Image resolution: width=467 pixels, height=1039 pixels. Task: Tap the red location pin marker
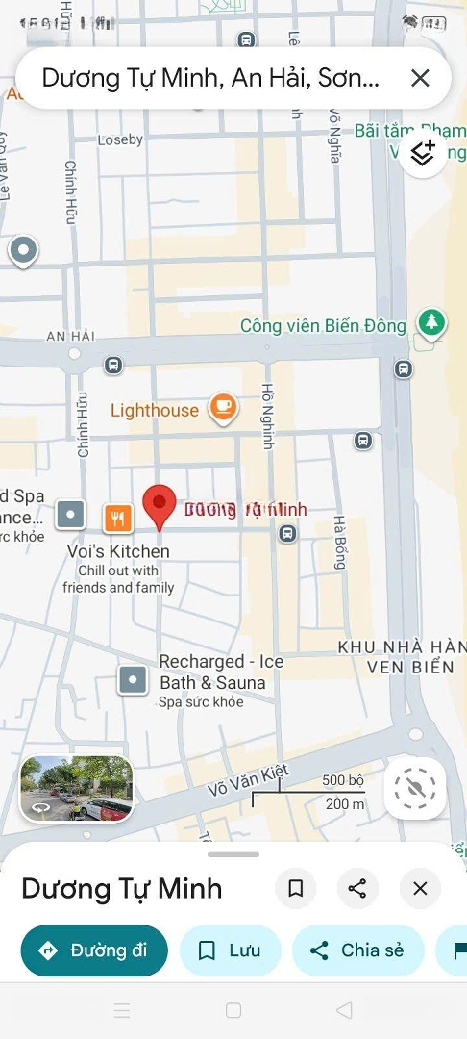tap(160, 504)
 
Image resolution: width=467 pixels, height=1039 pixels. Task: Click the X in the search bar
tap(420, 78)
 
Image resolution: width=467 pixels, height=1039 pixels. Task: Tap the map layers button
tap(423, 154)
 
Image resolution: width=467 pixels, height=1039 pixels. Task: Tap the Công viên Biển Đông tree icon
tap(431, 323)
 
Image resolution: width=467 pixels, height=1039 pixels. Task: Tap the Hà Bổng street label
tap(339, 542)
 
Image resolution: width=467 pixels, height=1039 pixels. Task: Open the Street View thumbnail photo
tap(77, 789)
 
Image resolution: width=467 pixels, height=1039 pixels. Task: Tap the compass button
tap(415, 789)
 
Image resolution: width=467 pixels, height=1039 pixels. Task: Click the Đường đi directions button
tap(94, 950)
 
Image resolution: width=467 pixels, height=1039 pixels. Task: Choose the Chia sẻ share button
tap(357, 950)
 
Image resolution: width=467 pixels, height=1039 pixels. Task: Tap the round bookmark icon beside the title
tap(296, 889)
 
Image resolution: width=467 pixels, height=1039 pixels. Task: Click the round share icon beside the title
tap(357, 889)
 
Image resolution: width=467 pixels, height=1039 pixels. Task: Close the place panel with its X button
tap(420, 889)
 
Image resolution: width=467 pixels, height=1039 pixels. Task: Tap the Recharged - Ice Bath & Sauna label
tap(221, 672)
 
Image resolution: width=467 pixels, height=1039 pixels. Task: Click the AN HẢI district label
tap(70, 335)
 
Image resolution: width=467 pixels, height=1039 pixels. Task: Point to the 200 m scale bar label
tap(344, 804)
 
